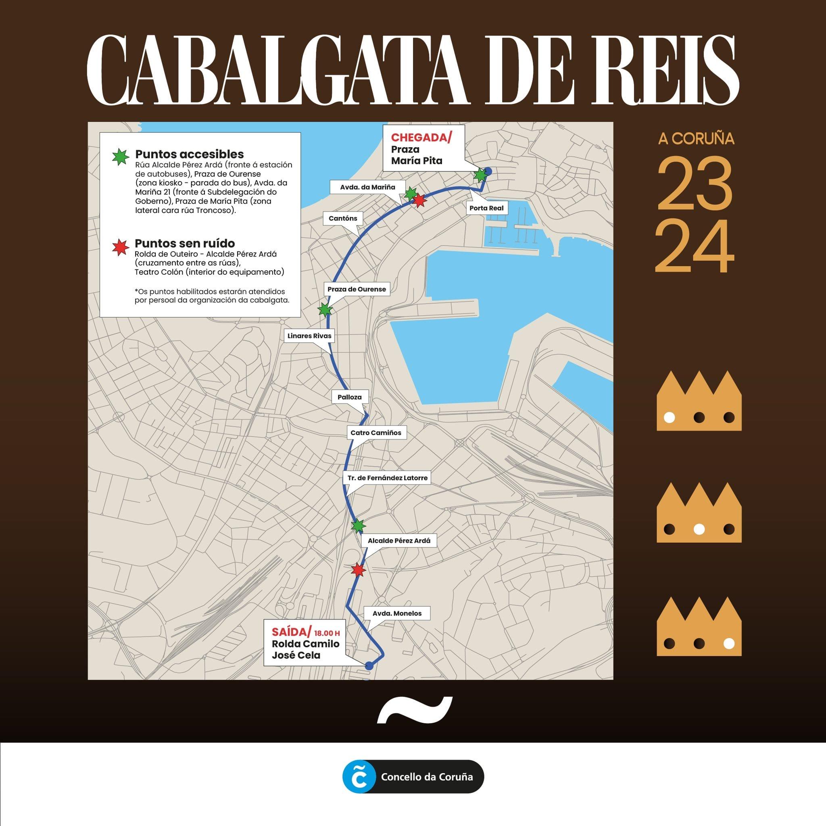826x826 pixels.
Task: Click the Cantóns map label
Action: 342,219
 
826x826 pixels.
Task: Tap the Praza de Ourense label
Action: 357,290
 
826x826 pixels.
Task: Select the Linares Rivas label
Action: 309,336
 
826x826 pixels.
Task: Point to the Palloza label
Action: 349,397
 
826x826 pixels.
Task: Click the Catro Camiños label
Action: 376,433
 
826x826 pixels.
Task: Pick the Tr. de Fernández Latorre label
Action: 387,478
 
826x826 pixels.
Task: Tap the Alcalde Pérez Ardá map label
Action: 399,541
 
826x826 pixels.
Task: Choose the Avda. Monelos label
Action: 397,613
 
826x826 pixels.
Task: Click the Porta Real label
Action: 486,208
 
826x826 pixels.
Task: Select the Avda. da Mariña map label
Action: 367,187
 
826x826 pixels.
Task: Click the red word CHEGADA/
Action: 421,138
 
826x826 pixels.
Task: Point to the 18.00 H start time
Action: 327,633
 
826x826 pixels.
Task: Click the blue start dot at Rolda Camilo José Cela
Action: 369,665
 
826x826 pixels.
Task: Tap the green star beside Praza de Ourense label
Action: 325,309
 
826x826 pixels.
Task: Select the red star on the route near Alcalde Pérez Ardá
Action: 358,570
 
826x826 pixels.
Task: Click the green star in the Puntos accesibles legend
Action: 120,157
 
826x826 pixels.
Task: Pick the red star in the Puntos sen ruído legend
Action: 120,247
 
